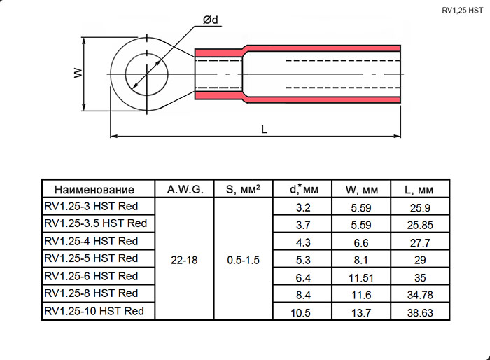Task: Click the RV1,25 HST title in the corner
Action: coord(461,10)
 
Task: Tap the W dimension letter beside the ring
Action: coord(78,73)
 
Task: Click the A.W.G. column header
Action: coord(184,189)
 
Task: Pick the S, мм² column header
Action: coord(243,189)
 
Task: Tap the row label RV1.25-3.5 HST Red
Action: coord(95,223)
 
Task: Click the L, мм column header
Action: coord(419,190)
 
